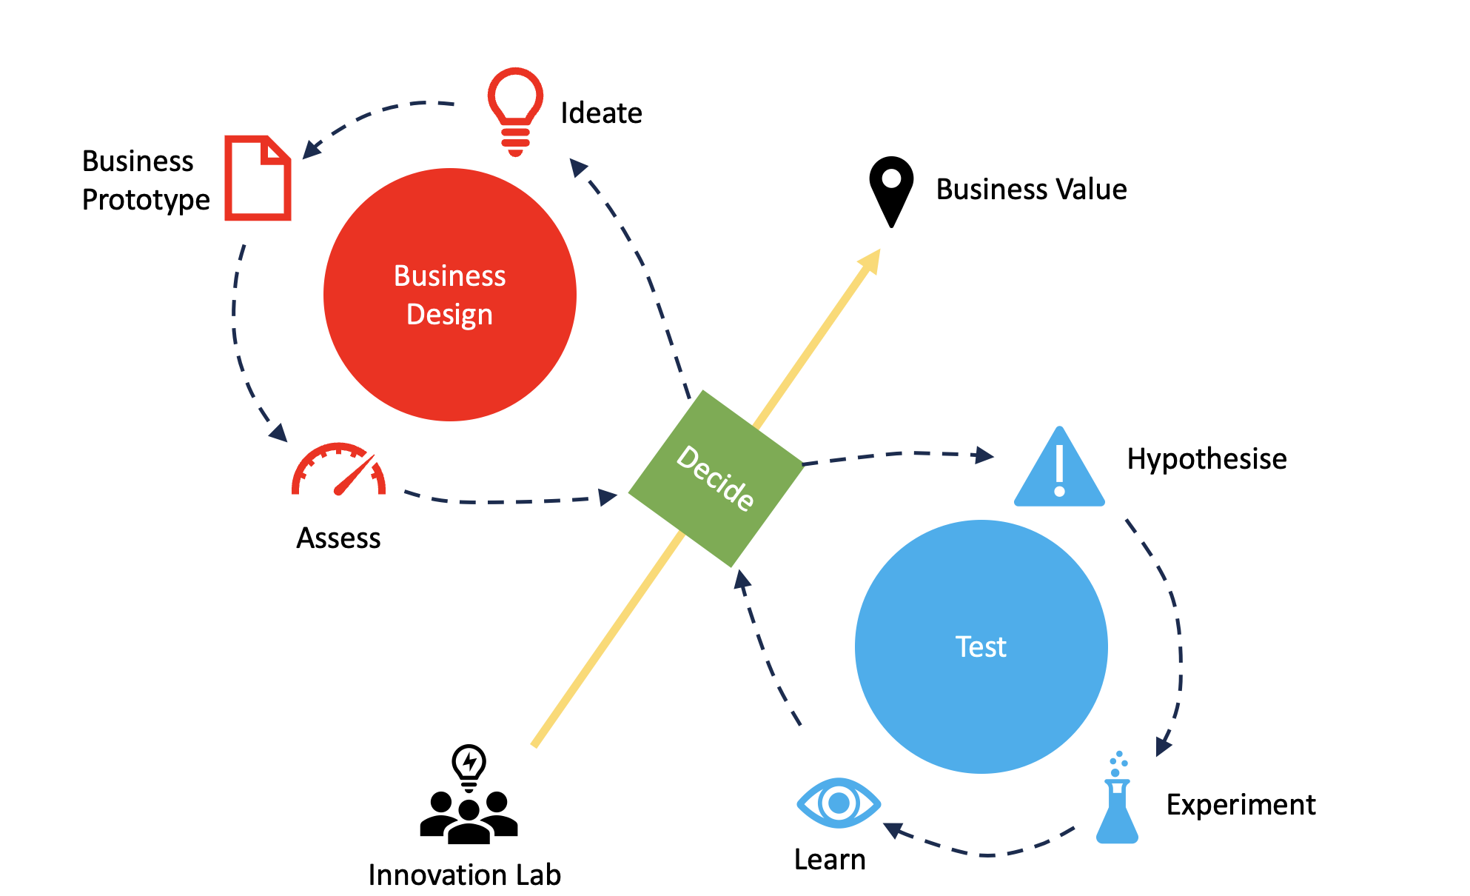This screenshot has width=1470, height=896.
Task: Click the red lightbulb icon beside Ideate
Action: coord(515,111)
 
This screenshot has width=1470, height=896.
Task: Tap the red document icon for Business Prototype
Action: coord(258,178)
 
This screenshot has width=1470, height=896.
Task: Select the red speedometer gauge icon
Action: coord(339,469)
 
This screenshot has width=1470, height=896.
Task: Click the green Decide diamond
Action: coord(716,478)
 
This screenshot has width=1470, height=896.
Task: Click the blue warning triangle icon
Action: coord(1059,469)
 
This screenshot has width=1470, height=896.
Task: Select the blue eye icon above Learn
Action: coord(838,803)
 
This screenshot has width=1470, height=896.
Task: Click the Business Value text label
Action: coord(1031,190)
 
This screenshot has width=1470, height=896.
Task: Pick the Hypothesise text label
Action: coord(1206,459)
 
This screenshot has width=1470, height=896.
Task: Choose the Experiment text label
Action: coord(1241,805)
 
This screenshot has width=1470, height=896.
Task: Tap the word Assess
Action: coord(338,538)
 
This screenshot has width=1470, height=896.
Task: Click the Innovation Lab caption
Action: coord(464,875)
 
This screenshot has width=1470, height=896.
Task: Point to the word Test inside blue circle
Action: coord(981,647)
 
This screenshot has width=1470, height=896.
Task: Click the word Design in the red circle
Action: coord(449,315)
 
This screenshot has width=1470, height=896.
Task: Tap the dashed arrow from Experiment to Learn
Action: coord(984,854)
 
